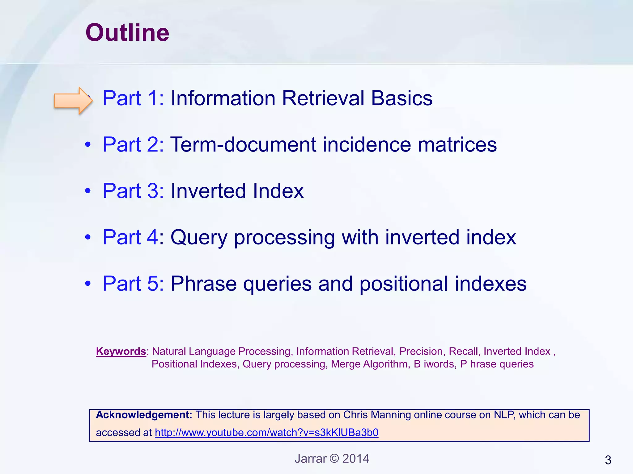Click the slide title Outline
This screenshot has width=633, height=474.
tap(127, 33)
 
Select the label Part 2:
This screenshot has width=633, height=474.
tap(133, 144)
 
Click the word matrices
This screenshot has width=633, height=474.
tap(457, 144)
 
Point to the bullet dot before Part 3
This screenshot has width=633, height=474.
tap(88, 191)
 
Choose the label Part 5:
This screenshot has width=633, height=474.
tap(133, 283)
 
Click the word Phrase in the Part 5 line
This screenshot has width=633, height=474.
tap(204, 283)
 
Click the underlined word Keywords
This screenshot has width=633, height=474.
tap(121, 351)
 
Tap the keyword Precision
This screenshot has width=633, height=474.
tap(421, 351)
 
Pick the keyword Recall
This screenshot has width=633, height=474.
tap(463, 351)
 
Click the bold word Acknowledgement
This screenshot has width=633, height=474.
tap(144, 415)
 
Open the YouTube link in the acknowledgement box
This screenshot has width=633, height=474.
tap(266, 433)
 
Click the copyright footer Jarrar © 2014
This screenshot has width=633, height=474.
tap(332, 459)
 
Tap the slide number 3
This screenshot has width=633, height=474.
tap(608, 460)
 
